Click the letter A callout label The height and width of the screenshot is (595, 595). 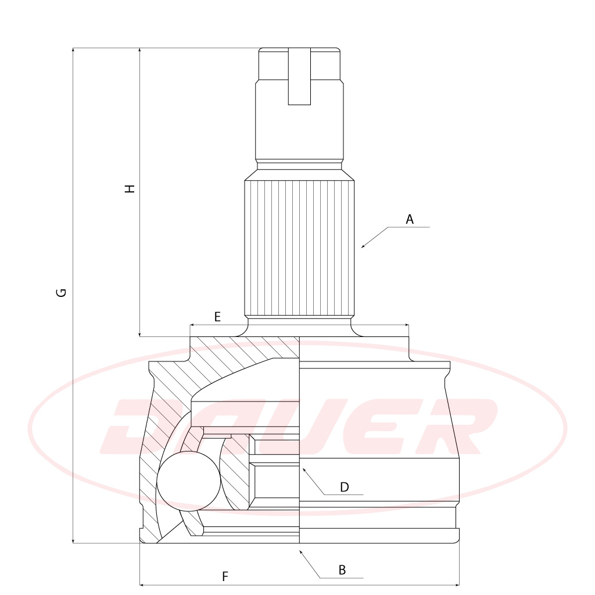coord(410,219)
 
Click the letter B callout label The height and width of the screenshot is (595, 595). coord(342,570)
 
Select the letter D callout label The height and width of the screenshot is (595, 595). coord(344,488)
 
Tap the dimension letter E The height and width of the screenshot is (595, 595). coord(217,317)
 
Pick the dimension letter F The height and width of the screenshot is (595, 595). coord(225,577)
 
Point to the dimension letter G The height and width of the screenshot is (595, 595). coord(62,293)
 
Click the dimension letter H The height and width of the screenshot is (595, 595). coord(130,189)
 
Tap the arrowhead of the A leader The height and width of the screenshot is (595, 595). coord(363,246)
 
